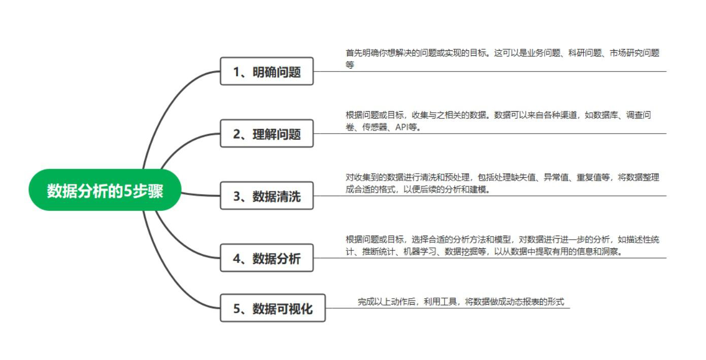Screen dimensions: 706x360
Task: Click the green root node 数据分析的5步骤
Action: click(x=105, y=190)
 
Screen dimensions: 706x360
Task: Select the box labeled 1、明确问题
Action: click(x=266, y=72)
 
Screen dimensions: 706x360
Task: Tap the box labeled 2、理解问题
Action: click(x=266, y=134)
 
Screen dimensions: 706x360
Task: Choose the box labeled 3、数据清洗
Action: click(x=266, y=196)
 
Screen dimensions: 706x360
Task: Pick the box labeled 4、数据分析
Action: click(x=266, y=258)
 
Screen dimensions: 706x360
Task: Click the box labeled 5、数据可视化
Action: click(x=273, y=308)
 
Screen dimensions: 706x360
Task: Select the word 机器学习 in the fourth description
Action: click(x=420, y=252)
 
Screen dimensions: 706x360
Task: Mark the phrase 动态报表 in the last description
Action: click(x=518, y=302)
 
